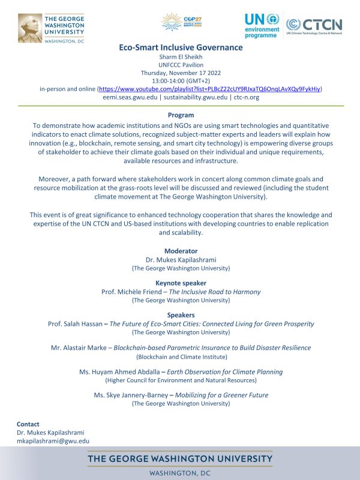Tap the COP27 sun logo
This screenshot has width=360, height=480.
pos(179,22)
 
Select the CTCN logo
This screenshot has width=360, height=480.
pos(314,25)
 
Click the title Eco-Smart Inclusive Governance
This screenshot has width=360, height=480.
pos(180,48)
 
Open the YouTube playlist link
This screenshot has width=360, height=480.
pos(209,88)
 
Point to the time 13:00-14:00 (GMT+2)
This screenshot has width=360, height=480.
pos(180,80)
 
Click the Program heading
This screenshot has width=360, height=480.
pos(180,115)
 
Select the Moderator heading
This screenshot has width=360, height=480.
pos(180,251)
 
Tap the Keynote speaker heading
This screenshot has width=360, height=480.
pos(180,283)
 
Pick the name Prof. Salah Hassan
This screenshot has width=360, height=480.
pos(74,324)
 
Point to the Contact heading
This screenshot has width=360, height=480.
pos(28,424)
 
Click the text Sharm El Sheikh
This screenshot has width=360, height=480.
pos(180,57)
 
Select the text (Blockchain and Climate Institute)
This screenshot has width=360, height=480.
pos(180,356)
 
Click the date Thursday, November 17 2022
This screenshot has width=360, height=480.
pos(180,73)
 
